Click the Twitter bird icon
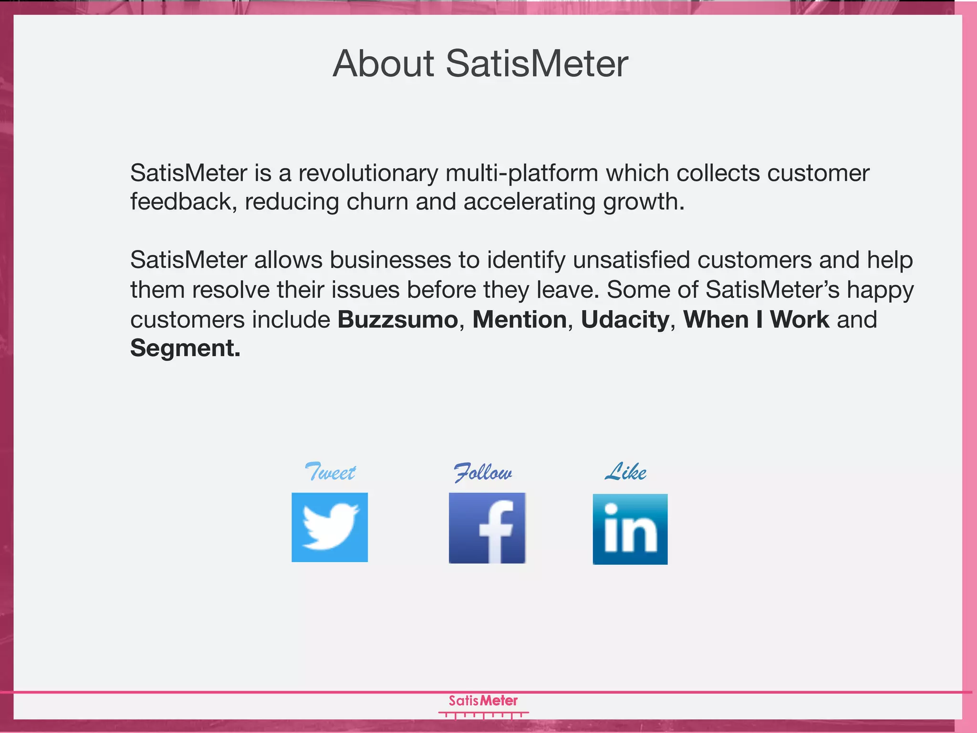click(x=330, y=527)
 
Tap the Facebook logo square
click(x=487, y=528)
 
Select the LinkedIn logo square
click(x=630, y=529)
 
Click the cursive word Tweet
click(x=330, y=472)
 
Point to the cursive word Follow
click(x=483, y=472)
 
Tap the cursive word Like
click(x=626, y=471)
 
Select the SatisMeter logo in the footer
click(x=483, y=705)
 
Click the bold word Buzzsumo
click(x=398, y=319)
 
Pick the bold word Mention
click(x=520, y=319)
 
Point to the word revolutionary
click(x=368, y=173)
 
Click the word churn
click(x=377, y=201)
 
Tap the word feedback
click(x=184, y=201)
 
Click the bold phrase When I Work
click(x=757, y=319)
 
